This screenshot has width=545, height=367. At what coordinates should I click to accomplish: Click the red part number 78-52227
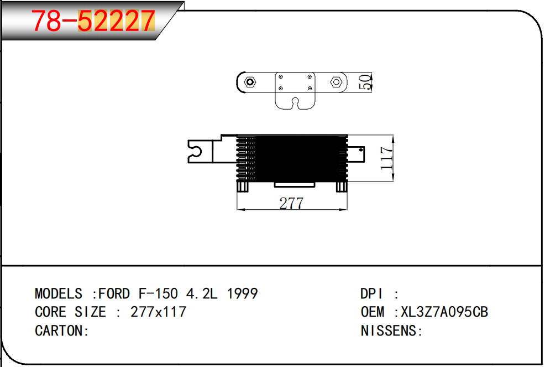[93, 20]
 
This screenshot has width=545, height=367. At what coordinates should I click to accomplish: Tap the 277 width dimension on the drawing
[291, 203]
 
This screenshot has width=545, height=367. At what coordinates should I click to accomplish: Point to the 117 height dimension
[386, 158]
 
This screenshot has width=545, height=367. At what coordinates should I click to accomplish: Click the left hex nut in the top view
[250, 82]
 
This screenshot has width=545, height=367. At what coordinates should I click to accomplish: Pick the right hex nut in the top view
[336, 82]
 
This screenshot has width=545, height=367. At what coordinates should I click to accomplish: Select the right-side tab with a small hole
[356, 154]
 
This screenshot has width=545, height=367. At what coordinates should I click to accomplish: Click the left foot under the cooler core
[243, 187]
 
